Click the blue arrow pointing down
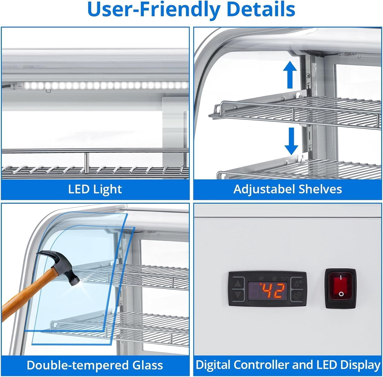(291, 141)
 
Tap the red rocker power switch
(341, 287)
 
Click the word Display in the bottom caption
(363, 365)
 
